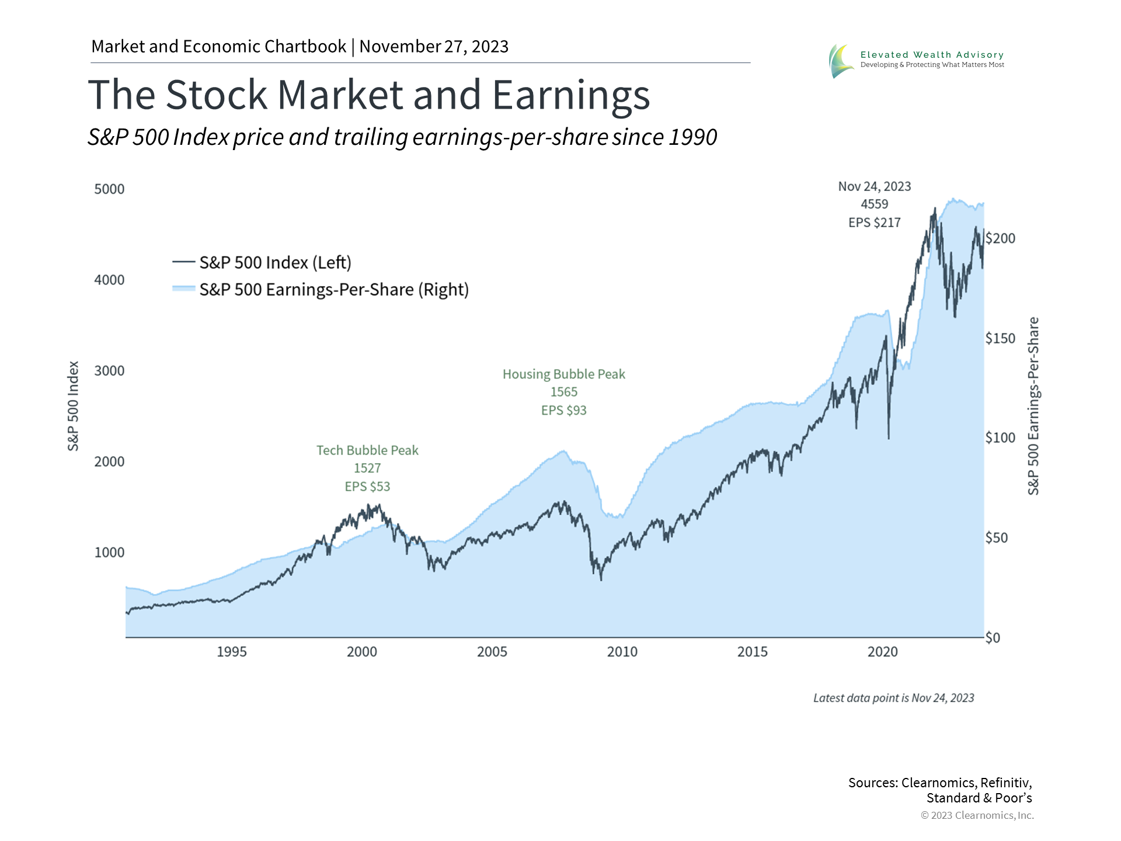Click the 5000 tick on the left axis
pyautogui.click(x=109, y=189)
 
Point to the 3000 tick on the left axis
pyautogui.click(x=109, y=371)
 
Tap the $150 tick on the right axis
pyautogui.click(x=1000, y=339)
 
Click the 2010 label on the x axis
pyautogui.click(x=622, y=652)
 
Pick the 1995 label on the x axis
pyautogui.click(x=232, y=652)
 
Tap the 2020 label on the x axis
pyautogui.click(x=882, y=652)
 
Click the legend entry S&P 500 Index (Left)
pyautogui.click(x=275, y=263)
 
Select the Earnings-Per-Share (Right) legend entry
pyautogui.click(x=334, y=290)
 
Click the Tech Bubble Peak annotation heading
pyautogui.click(x=367, y=450)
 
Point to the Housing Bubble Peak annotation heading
pyautogui.click(x=563, y=374)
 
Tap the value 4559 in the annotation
pyautogui.click(x=874, y=204)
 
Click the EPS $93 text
pyautogui.click(x=563, y=411)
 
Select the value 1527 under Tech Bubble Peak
pyautogui.click(x=367, y=468)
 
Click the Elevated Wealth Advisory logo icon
pyautogui.click(x=841, y=61)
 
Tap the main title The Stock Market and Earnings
pyautogui.click(x=368, y=95)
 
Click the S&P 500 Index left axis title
pyautogui.click(x=73, y=406)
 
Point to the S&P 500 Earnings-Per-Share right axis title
pyautogui.click(x=1033, y=406)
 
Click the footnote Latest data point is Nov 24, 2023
pyautogui.click(x=893, y=698)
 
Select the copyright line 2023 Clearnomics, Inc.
pyautogui.click(x=977, y=815)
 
